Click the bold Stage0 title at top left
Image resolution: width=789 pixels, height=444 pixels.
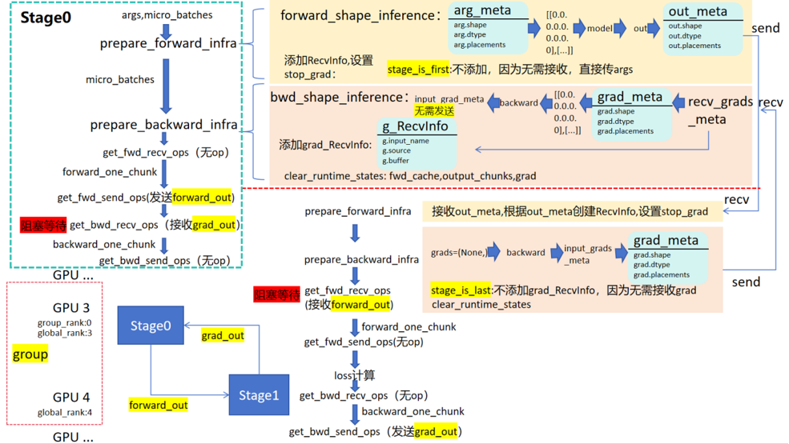pyautogui.click(x=46, y=17)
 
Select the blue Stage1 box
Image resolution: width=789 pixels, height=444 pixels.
pyautogui.click(x=258, y=395)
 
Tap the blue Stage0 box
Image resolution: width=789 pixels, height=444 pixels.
pyautogui.click(x=150, y=326)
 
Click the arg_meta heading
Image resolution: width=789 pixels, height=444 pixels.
pyautogui.click(x=481, y=10)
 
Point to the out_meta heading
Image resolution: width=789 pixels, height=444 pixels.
pyautogui.click(x=697, y=11)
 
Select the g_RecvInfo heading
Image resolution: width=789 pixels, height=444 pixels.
pyautogui.click(x=415, y=126)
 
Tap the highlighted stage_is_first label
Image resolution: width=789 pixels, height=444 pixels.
pyautogui.click(x=418, y=70)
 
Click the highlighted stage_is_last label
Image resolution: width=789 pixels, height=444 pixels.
pyautogui.click(x=461, y=290)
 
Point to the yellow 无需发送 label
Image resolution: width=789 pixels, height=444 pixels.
pyautogui.click(x=433, y=110)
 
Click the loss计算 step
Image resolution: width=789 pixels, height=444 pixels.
pyautogui.click(x=354, y=375)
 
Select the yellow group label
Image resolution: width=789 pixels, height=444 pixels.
pyautogui.click(x=30, y=354)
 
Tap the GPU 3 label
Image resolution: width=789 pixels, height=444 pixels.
pyautogui.click(x=71, y=307)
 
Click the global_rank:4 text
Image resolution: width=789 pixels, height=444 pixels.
pyautogui.click(x=65, y=413)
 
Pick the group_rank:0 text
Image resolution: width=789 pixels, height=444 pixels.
pyautogui.click(x=65, y=322)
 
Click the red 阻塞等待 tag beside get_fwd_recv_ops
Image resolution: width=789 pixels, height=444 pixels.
pyautogui.click(x=277, y=296)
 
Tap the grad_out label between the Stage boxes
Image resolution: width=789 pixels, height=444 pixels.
pyautogui.click(x=223, y=335)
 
